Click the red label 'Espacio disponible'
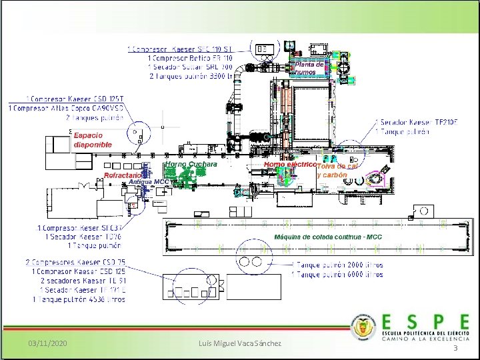(x=93, y=140)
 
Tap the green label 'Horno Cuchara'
(x=191, y=164)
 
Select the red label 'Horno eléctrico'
(x=289, y=164)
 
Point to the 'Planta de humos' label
(x=309, y=68)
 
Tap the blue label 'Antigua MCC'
(x=149, y=181)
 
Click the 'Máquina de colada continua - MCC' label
(x=328, y=237)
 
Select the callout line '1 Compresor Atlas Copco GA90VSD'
(x=66, y=108)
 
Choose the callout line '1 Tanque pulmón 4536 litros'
(x=79, y=299)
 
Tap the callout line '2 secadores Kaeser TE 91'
(x=84, y=281)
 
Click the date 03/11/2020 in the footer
(x=48, y=343)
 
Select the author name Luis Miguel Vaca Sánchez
(x=240, y=343)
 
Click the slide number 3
(x=455, y=349)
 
